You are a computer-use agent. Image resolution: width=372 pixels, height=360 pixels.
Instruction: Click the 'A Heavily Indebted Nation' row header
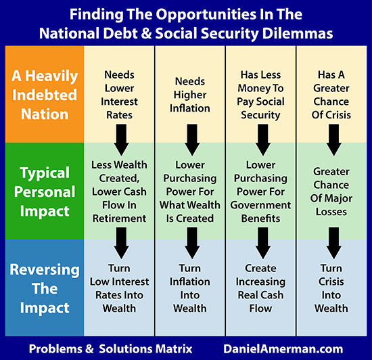(x=45, y=95)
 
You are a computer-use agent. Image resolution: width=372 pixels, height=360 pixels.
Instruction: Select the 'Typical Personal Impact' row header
(x=45, y=192)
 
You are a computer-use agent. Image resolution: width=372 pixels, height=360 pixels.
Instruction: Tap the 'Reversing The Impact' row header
(x=45, y=288)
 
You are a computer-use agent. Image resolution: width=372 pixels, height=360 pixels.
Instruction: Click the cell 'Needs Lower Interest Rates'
(x=119, y=95)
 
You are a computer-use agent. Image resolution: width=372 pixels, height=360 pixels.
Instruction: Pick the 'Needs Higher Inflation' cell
(x=190, y=95)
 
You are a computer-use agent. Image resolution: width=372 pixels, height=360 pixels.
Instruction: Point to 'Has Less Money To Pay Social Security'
(x=260, y=95)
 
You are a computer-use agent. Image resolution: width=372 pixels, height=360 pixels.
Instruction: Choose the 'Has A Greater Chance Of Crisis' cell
(x=331, y=95)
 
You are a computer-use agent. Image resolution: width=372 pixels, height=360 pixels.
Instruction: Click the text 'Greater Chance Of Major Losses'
(x=331, y=192)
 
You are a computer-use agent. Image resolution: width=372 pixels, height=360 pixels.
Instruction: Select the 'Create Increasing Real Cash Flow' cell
(x=260, y=288)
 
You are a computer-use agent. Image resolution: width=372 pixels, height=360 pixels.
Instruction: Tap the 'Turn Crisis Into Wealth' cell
(x=331, y=288)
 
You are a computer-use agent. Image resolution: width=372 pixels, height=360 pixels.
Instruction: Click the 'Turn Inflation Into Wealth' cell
(x=190, y=288)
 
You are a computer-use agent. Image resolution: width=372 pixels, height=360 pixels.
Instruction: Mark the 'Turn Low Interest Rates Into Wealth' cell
(x=119, y=288)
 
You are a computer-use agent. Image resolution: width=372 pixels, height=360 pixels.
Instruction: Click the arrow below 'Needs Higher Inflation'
(x=192, y=140)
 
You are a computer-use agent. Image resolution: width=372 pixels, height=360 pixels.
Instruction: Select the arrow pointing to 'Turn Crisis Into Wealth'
(x=334, y=243)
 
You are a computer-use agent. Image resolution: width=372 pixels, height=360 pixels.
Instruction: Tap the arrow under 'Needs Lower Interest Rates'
(x=121, y=140)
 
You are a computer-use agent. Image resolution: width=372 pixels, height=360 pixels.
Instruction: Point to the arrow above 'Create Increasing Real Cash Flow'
(x=263, y=243)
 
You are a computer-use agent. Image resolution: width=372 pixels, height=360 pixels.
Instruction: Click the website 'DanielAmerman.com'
(x=283, y=349)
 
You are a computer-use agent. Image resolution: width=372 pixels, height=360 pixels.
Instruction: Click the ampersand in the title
(x=146, y=33)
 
